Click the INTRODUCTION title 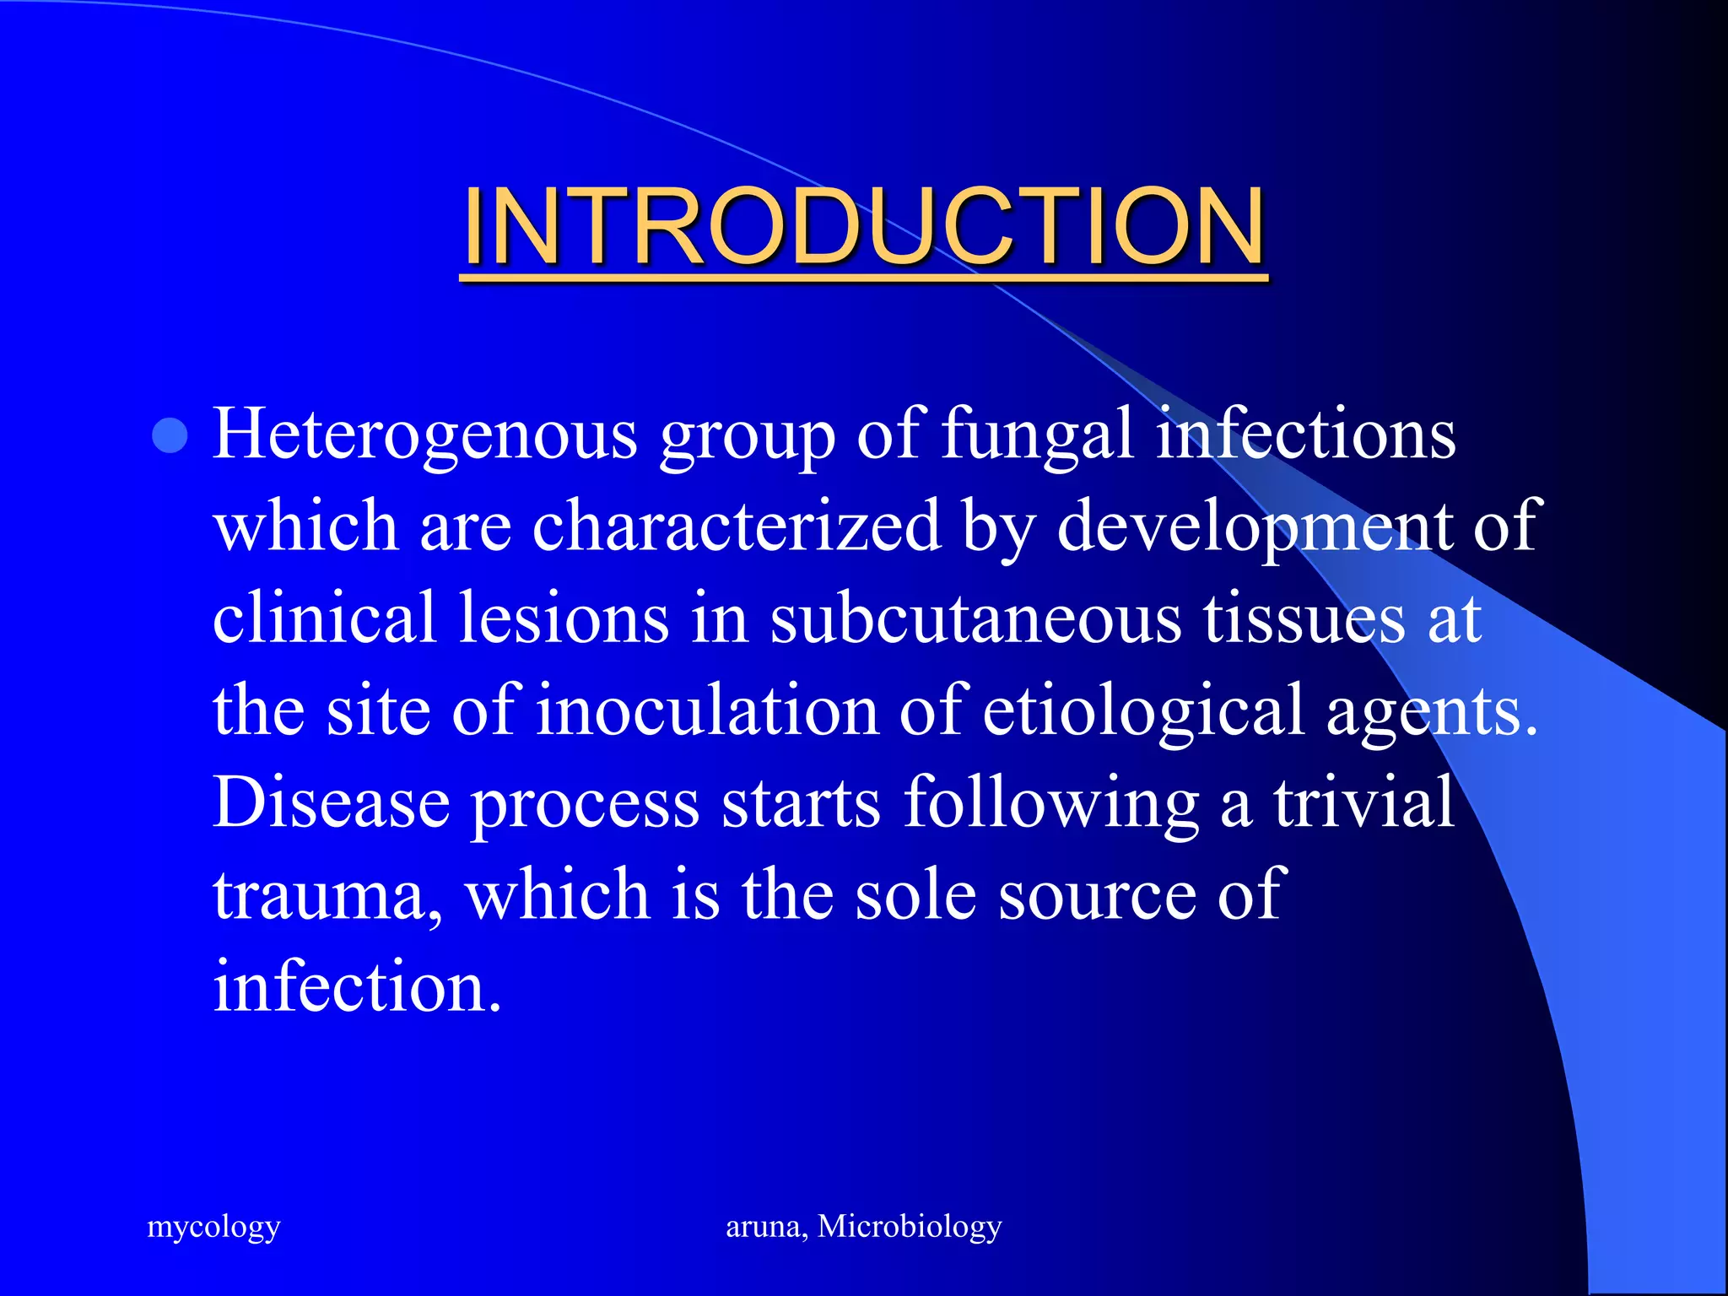(864, 226)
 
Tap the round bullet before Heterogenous (170, 436)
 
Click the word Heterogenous (424, 435)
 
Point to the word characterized (737, 526)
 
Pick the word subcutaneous (975, 618)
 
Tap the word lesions (564, 618)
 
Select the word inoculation (707, 710)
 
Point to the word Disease (332, 802)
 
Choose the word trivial (1363, 802)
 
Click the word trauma (327, 895)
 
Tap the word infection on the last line (356, 986)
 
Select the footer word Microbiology (910, 1227)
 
